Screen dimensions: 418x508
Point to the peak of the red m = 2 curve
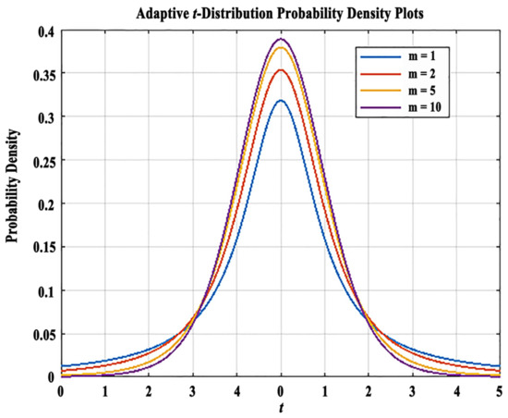click(282, 69)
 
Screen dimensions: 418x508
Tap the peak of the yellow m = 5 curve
click(282, 48)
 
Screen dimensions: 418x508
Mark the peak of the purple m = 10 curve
click(282, 39)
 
